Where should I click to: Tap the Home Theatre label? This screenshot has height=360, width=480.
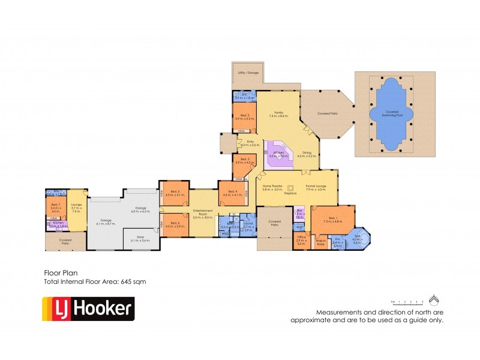(x=272, y=187)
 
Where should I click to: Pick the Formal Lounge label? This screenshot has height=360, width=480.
(x=316, y=187)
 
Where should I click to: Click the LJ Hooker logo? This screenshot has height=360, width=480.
(x=88, y=308)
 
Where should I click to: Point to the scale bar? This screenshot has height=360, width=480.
(x=407, y=302)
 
